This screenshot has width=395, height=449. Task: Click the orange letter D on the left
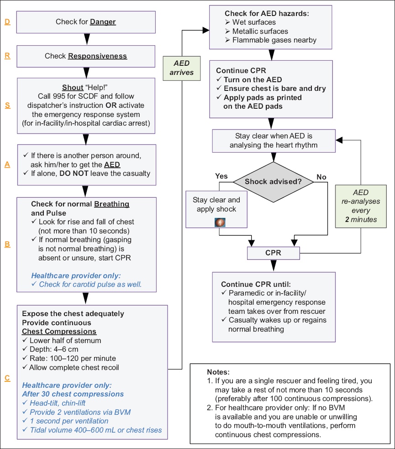[x=7, y=22]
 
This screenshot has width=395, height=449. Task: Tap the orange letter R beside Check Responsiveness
[x=7, y=56]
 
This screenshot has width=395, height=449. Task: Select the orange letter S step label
[x=8, y=106]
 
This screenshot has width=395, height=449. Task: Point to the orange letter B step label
[x=7, y=244]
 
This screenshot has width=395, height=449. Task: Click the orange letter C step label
[x=7, y=378]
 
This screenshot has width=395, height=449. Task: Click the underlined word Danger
[x=103, y=22]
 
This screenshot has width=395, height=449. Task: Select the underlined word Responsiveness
[x=97, y=56]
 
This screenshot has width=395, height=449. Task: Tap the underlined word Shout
[x=73, y=87]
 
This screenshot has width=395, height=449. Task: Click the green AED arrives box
[x=181, y=68]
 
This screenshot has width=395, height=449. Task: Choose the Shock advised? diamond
[x=274, y=182]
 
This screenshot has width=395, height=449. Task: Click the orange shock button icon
[x=220, y=222]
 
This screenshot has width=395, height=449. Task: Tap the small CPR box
[x=274, y=253]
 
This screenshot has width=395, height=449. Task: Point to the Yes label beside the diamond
[x=221, y=176]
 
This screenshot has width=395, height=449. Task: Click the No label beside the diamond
[x=321, y=177]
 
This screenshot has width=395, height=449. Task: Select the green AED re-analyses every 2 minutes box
[x=361, y=206]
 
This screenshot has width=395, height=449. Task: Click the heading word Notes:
[x=218, y=372]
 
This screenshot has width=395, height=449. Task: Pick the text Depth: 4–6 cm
[x=54, y=349]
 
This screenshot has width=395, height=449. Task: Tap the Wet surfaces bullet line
[x=250, y=22]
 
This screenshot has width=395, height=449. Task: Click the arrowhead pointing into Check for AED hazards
[x=206, y=30]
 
